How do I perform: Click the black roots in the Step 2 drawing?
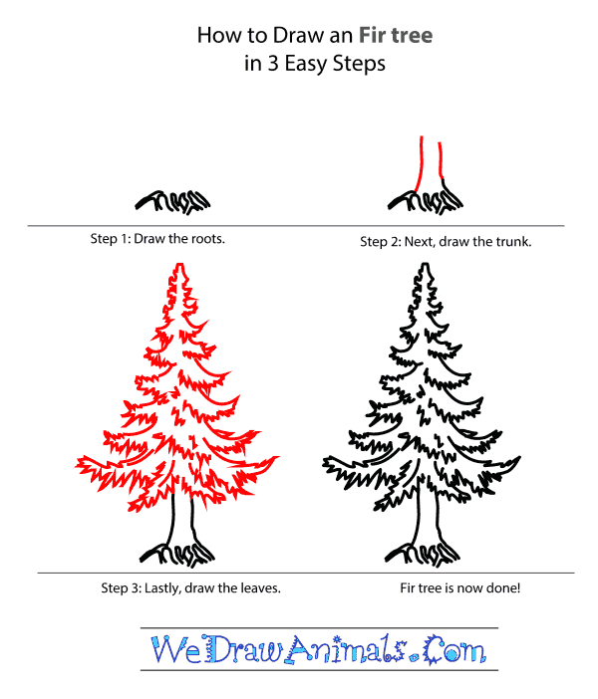coord(429,202)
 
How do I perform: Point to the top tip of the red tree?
coord(179,265)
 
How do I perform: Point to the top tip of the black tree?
coord(426,265)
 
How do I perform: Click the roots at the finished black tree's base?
coord(426,549)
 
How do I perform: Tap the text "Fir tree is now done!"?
coord(458,587)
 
